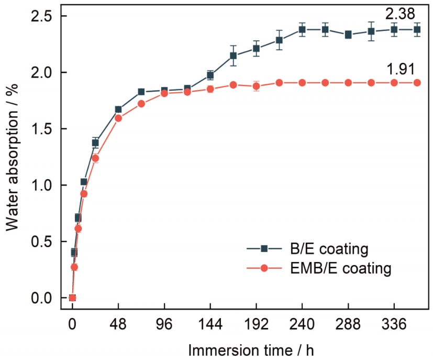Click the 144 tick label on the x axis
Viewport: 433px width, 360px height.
210,325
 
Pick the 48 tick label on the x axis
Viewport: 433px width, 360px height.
118,325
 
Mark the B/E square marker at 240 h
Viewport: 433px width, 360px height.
302,29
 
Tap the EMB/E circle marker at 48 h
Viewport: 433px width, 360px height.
118,118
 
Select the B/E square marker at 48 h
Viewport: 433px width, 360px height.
118,110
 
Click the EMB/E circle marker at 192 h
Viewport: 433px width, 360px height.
256,86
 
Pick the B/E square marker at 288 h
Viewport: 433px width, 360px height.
348,35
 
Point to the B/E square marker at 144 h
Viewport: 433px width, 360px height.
210,75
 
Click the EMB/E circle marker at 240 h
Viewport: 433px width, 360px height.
302,82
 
